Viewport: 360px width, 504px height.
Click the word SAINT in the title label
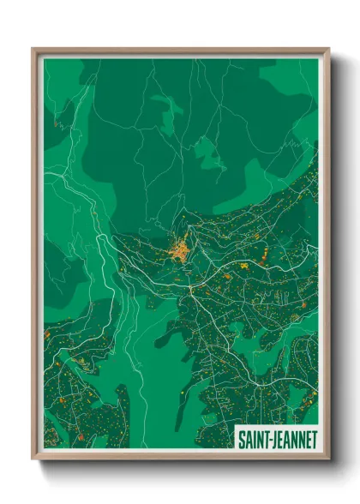[251, 439]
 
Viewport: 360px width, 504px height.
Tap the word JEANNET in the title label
[292, 439]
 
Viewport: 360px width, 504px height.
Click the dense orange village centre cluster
[180, 251]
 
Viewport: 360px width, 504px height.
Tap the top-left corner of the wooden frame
[33, 49]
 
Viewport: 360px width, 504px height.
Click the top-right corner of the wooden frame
[327, 49]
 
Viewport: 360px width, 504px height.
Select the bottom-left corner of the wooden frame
[33, 459]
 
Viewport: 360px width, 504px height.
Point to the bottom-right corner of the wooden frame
[327, 459]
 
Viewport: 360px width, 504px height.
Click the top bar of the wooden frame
[180, 51]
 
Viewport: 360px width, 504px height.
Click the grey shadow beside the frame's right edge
[334, 257]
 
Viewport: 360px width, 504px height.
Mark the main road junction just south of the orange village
[190, 288]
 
